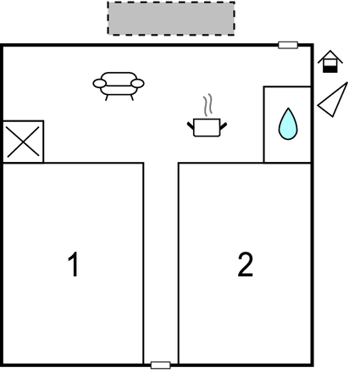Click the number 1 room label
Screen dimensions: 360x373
(74, 264)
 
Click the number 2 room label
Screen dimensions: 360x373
(245, 264)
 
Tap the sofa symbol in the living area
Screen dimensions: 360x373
(119, 86)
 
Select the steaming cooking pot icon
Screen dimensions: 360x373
(208, 122)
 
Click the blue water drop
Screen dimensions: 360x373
(288, 124)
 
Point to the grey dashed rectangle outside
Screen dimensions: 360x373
(171, 19)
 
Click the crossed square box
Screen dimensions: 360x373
(23, 142)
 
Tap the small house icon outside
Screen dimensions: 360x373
(330, 62)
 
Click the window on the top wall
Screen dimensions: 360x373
(288, 45)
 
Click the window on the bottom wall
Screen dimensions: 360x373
(161, 365)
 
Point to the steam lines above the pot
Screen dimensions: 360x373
(208, 105)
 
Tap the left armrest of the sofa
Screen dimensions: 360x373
(100, 83)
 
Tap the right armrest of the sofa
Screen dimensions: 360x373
(137, 83)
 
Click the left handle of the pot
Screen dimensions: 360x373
(191, 125)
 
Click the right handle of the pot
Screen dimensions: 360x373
(224, 125)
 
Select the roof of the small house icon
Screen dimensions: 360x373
(330, 57)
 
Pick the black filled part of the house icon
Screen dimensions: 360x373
(330, 70)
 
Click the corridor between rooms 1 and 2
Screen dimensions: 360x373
(161, 263)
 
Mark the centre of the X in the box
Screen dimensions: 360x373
(23, 142)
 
